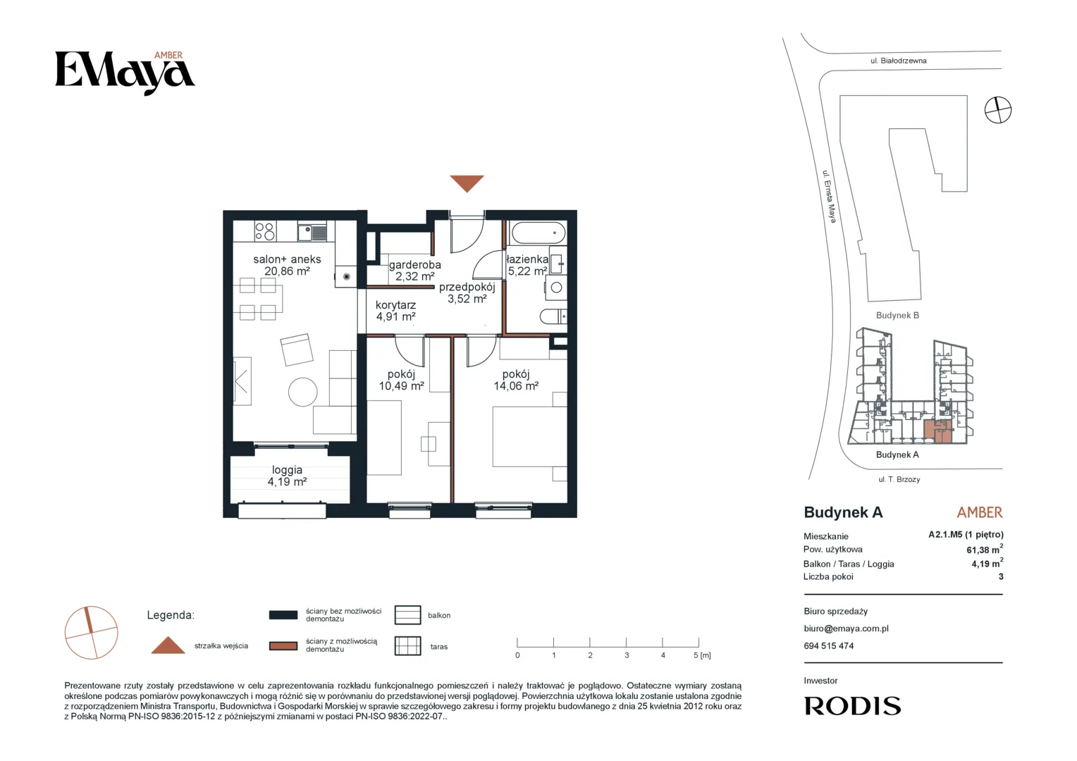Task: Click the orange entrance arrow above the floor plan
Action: tap(467, 182)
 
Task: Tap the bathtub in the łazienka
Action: tap(538, 233)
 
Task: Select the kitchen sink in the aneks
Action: tap(312, 233)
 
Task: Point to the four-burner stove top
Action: tap(265, 231)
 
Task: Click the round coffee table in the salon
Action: tap(303, 392)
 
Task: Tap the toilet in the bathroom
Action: tap(553, 316)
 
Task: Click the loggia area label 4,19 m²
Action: tap(287, 482)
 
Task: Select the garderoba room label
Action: tap(415, 264)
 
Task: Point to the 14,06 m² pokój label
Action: tap(516, 385)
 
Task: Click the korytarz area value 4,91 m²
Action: tap(395, 316)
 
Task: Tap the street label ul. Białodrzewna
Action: tap(899, 61)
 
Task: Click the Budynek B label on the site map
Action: tap(897, 316)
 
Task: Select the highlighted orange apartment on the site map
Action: tap(937, 432)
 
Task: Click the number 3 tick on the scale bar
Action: tap(627, 655)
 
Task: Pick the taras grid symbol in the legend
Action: tap(407, 645)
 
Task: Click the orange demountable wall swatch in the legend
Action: tap(283, 645)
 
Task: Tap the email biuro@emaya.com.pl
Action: tap(847, 629)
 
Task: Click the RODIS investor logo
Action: tap(852, 706)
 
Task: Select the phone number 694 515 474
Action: tap(828, 645)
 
